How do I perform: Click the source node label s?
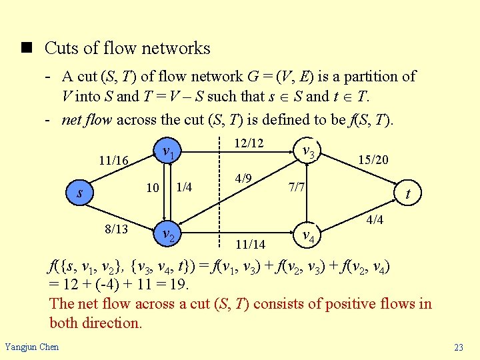tap(79, 193)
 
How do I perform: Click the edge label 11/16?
tap(113, 160)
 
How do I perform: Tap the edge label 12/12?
tap(248, 143)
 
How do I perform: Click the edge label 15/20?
tap(373, 160)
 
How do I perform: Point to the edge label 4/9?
tap(243, 179)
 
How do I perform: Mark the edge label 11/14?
tap(250, 245)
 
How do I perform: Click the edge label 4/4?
tap(375, 219)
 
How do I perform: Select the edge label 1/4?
tap(184, 187)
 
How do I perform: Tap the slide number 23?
tap(458, 347)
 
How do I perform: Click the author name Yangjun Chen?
tap(32, 346)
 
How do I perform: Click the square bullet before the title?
tap(27, 48)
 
